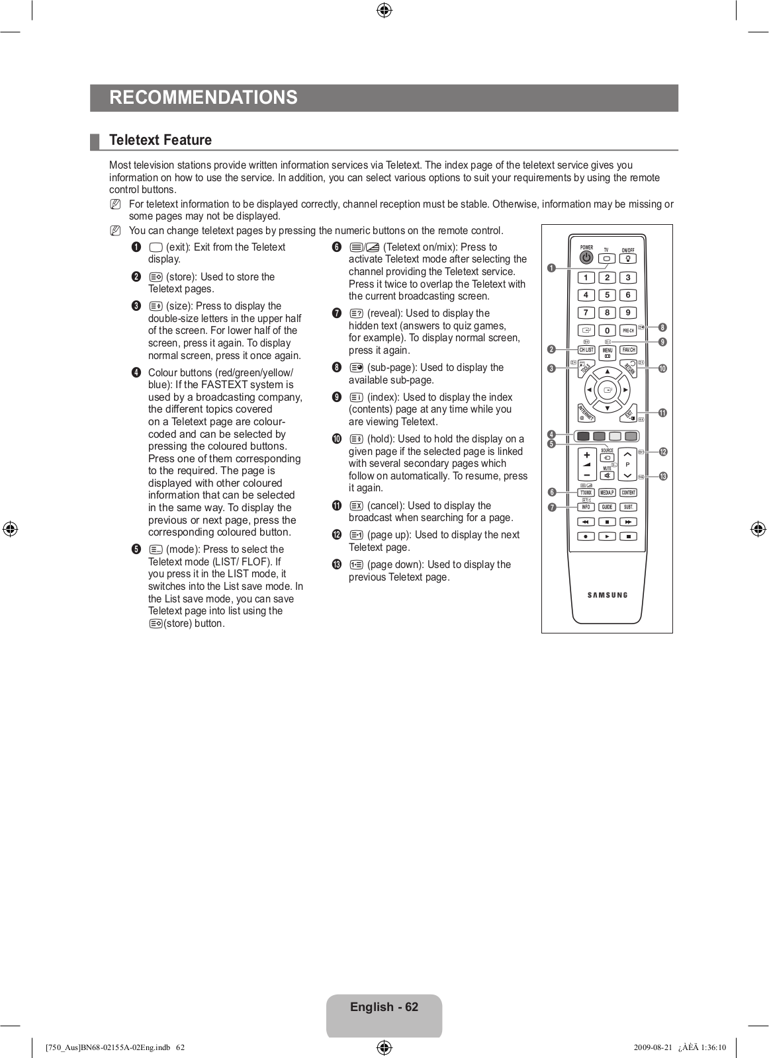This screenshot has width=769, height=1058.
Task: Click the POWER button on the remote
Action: pyautogui.click(x=586, y=258)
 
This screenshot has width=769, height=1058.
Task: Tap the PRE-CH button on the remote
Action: pyautogui.click(x=628, y=330)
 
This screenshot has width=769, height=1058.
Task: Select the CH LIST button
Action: pyautogui.click(x=586, y=350)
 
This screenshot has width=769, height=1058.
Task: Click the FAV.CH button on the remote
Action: pyautogui.click(x=628, y=350)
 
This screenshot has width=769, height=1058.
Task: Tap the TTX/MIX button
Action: pyautogui.click(x=586, y=493)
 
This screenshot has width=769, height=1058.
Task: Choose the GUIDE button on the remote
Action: pyautogui.click(x=607, y=507)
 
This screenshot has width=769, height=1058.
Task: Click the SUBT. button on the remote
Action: pyautogui.click(x=628, y=507)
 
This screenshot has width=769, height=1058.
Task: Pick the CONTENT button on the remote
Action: pyautogui.click(x=628, y=493)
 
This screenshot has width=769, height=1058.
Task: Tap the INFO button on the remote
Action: pyautogui.click(x=586, y=507)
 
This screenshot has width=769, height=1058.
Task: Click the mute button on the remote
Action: pyautogui.click(x=607, y=475)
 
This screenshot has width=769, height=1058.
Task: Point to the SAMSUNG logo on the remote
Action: pyautogui.click(x=608, y=595)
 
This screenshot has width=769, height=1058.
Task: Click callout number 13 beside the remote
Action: pyautogui.click(x=662, y=476)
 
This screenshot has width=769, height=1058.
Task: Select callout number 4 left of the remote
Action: pyautogui.click(x=551, y=434)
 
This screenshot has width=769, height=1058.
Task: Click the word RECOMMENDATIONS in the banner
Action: pyautogui.click(x=203, y=98)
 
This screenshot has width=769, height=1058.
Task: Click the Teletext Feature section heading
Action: pyautogui.click(x=160, y=140)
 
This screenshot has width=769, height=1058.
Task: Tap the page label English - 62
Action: pyautogui.click(x=384, y=1007)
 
